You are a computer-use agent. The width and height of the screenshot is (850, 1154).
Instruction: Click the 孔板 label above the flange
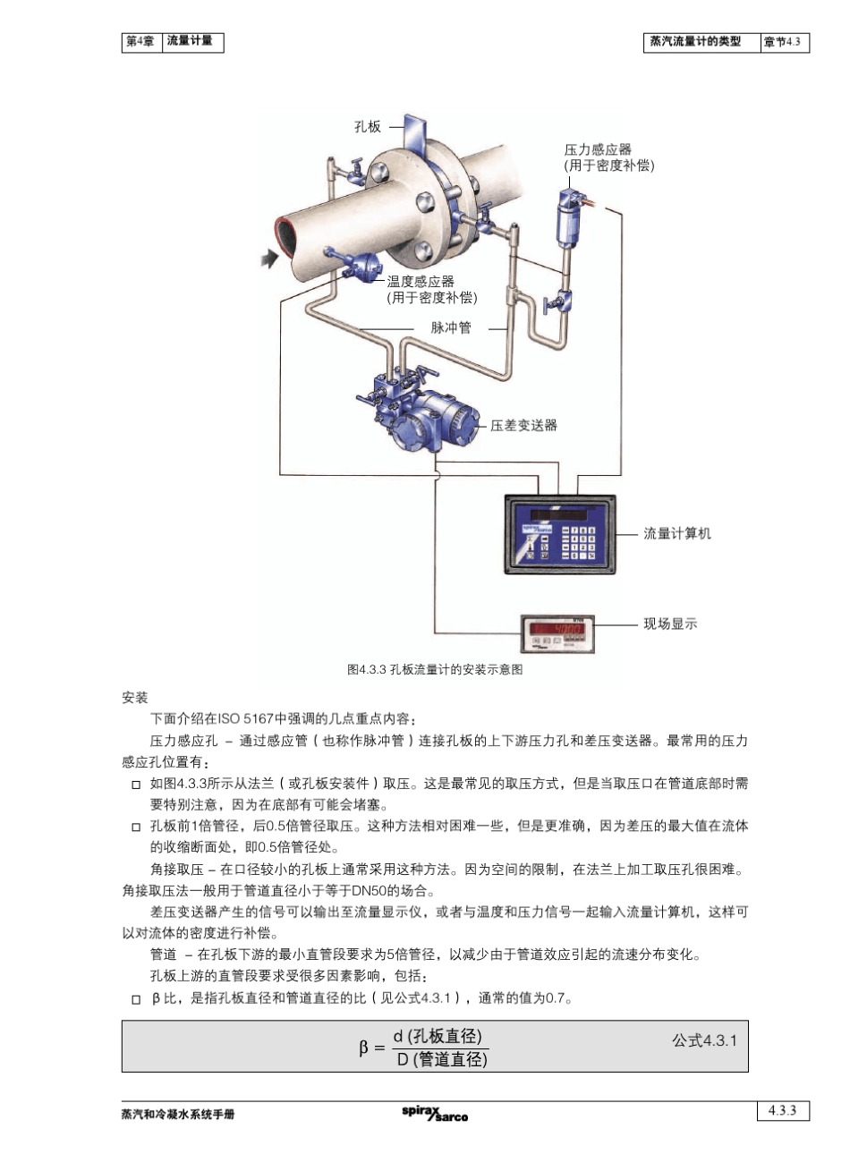click(x=368, y=127)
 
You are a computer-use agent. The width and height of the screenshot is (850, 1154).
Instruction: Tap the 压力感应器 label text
click(x=598, y=149)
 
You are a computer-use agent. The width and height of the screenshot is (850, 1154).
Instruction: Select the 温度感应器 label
click(x=421, y=281)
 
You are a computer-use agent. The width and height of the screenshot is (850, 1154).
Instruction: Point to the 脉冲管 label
click(x=450, y=327)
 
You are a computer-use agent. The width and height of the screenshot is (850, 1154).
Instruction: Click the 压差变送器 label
click(x=523, y=425)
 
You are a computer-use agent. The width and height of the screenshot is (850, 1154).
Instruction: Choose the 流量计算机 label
click(x=677, y=533)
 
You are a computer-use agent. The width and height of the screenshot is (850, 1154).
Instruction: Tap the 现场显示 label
click(x=670, y=624)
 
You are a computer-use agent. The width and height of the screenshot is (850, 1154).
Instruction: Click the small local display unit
click(x=558, y=633)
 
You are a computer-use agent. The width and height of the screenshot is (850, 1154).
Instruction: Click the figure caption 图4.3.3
click(x=434, y=670)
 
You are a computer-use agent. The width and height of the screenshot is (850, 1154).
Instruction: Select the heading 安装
click(x=135, y=698)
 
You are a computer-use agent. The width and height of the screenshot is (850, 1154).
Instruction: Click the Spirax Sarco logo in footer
click(x=435, y=1113)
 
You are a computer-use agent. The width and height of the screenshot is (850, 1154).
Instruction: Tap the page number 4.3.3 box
click(x=782, y=1110)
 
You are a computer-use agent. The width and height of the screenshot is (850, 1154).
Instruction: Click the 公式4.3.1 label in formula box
click(x=704, y=1040)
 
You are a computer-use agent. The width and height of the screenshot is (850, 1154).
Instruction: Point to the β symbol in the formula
click(x=364, y=1048)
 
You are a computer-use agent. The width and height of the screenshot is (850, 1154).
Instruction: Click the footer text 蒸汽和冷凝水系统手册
click(x=178, y=1115)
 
